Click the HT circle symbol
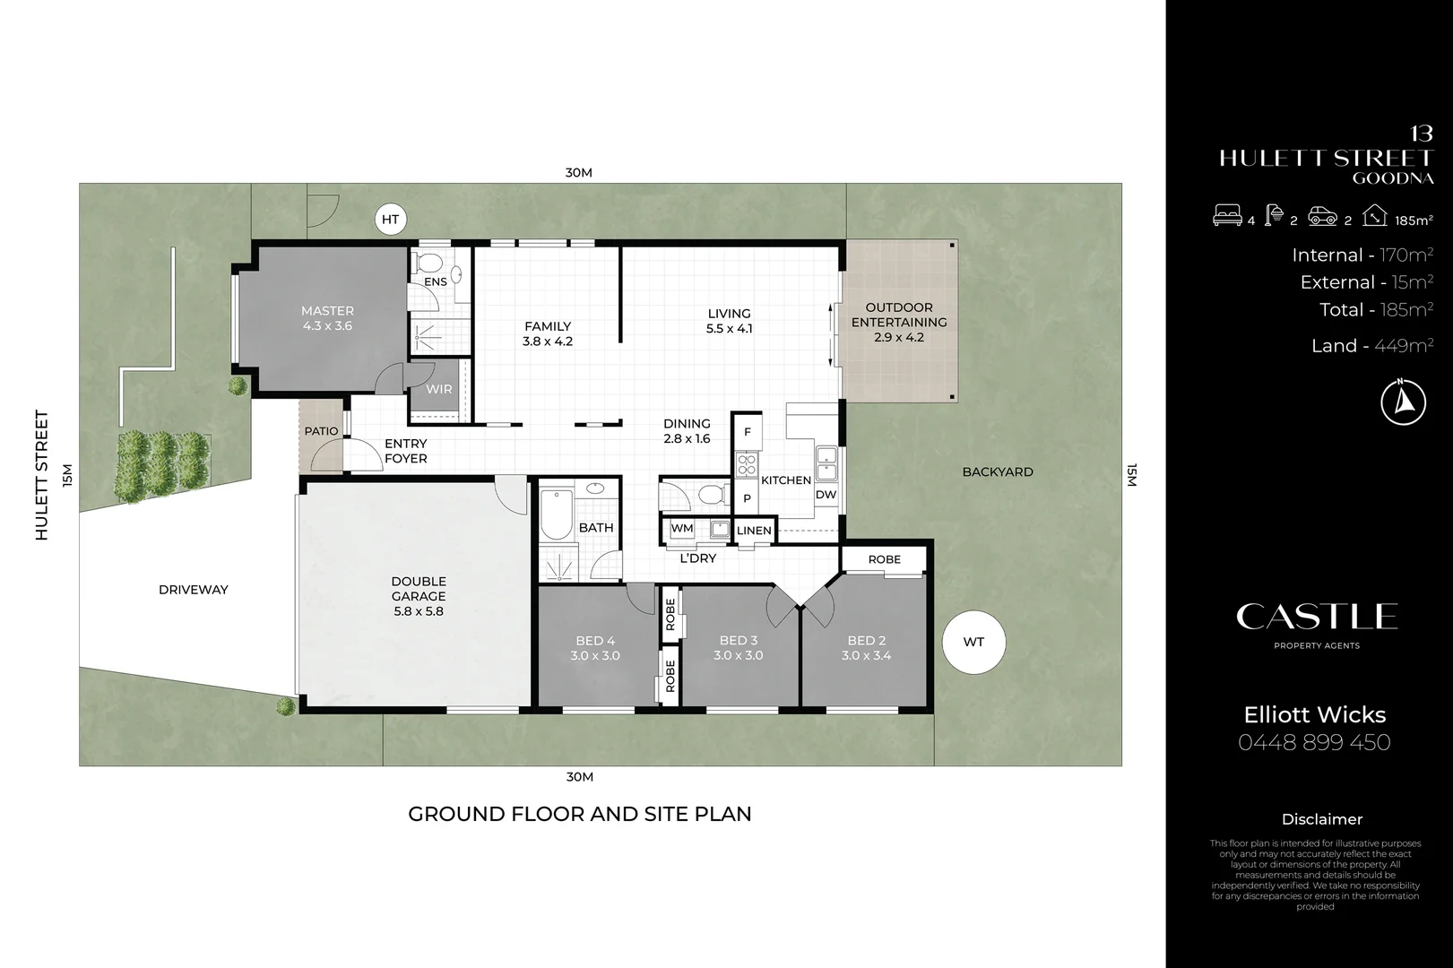pos(391,220)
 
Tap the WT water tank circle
pos(973,642)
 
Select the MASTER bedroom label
pos(327,311)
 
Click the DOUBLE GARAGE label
pos(419,589)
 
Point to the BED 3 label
pos(739,640)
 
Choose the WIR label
pos(439,389)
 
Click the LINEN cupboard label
pos(754,530)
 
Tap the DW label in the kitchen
pos(826,495)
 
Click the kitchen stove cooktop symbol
pos(747,464)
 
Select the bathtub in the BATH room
pos(556,514)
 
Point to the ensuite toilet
pos(428,263)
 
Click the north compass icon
pos(1403,402)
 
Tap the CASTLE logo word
pos(1317,617)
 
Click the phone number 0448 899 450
pos(1314,742)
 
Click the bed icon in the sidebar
pos(1226,215)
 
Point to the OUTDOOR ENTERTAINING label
pos(899,315)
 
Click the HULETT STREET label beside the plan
pos(41,475)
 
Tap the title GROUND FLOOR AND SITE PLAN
pos(579,814)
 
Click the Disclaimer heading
pos(1322,819)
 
